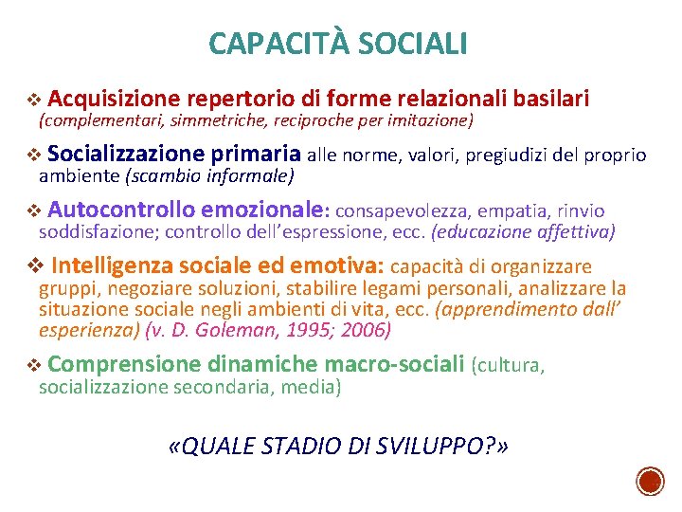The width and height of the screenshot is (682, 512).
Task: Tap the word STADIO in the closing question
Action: pos(313,447)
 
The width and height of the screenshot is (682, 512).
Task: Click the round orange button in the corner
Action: pos(650,481)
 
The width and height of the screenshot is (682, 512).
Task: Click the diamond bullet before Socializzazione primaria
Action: pos(35,155)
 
